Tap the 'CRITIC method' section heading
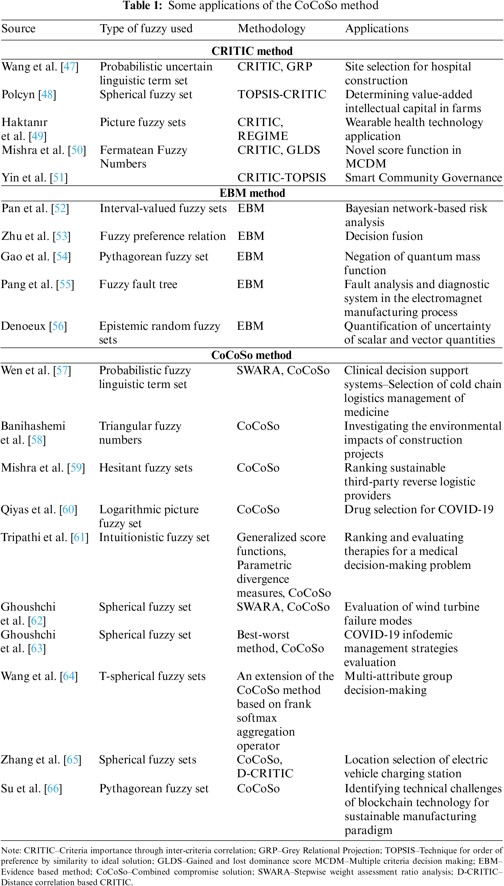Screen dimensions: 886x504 click(x=252, y=51)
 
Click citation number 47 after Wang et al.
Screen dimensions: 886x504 click(x=70, y=66)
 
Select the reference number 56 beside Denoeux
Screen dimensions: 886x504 click(x=58, y=326)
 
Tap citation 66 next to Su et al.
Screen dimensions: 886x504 click(x=53, y=788)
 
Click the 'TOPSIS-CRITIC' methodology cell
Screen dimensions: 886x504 click(x=282, y=94)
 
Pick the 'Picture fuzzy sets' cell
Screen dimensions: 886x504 click(x=143, y=122)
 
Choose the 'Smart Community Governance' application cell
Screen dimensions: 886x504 click(x=423, y=178)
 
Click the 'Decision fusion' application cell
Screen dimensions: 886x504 click(x=384, y=236)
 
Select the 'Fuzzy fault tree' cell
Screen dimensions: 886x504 click(x=138, y=284)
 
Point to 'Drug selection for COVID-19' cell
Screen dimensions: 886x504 click(x=418, y=509)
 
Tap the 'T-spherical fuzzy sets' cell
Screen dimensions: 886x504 click(x=152, y=676)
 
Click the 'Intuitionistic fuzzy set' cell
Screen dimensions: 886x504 click(x=154, y=537)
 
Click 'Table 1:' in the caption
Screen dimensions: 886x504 click(x=142, y=6)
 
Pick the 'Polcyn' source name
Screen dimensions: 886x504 click(x=18, y=95)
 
